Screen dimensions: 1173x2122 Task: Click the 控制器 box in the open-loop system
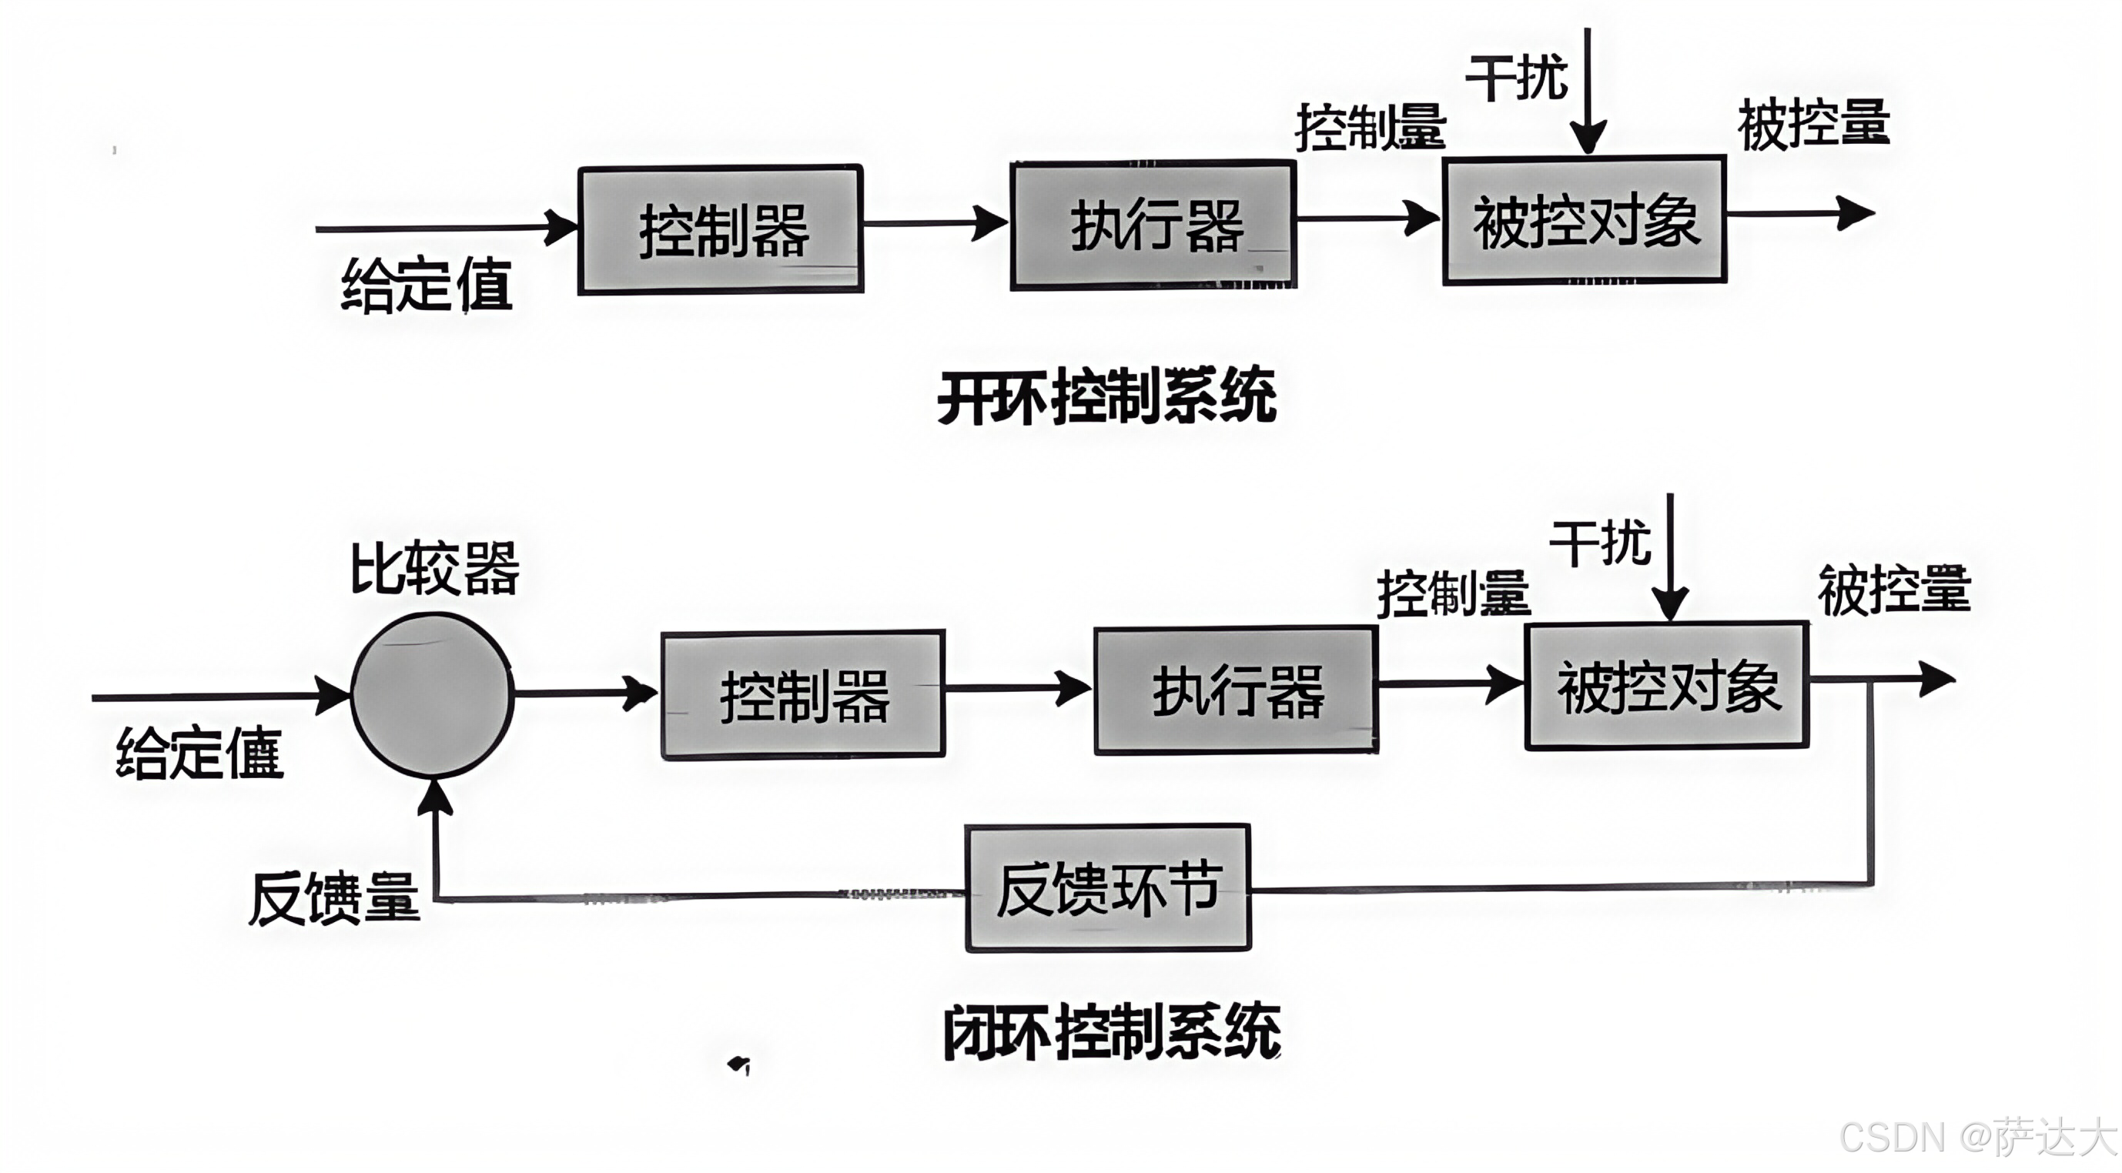pos(721,229)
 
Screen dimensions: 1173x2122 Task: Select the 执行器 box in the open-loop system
pos(1153,225)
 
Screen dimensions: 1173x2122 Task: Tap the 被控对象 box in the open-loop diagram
pos(1584,220)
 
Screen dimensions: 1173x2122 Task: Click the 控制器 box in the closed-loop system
pos(803,694)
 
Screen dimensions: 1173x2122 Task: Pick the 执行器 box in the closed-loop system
pos(1236,690)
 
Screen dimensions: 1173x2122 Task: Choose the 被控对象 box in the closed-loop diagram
pos(1666,685)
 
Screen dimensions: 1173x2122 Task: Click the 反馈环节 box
pos(1108,888)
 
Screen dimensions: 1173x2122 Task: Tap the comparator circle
pos(433,694)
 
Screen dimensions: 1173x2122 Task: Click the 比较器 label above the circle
pos(434,568)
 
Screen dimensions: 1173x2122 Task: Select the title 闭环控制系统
pos(1111,1031)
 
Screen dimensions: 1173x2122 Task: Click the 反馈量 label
pos(333,898)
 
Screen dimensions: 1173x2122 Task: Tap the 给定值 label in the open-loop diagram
pos(426,285)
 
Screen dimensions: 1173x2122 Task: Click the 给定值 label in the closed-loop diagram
pos(199,753)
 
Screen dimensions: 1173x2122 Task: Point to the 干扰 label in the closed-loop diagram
pos(1600,543)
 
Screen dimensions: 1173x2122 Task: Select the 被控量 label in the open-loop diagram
pos(1813,125)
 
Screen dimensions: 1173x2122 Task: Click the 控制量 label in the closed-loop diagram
pos(1453,593)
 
